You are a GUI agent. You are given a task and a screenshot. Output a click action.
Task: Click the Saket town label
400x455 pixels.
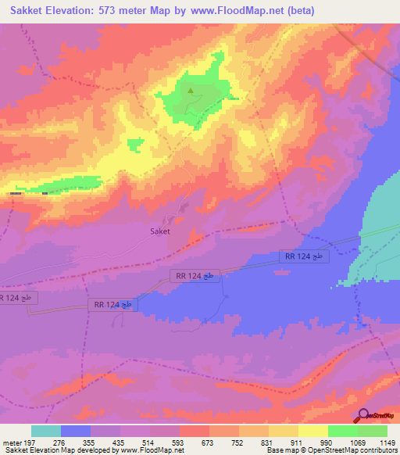159,231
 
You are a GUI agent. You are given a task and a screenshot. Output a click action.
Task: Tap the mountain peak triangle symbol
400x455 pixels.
190,91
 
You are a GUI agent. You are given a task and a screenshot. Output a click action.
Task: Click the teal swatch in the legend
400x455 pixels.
46,431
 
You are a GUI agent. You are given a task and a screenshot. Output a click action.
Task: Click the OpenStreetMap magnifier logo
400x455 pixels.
363,416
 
